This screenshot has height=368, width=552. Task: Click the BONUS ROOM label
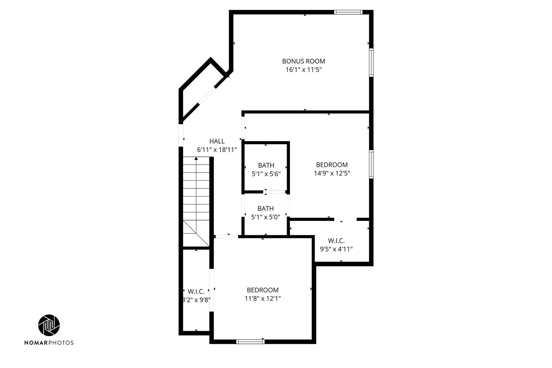(x=303, y=61)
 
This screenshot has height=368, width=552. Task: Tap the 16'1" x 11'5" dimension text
(x=304, y=70)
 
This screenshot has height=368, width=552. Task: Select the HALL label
(x=217, y=141)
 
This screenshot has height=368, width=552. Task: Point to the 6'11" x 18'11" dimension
(x=217, y=150)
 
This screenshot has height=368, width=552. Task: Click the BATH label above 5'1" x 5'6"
(x=266, y=165)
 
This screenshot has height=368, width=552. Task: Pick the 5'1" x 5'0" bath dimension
(x=266, y=217)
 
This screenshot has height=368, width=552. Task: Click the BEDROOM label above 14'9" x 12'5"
(x=332, y=165)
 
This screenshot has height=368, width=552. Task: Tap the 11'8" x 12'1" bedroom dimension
(x=263, y=298)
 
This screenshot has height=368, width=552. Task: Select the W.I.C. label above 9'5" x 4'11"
(x=336, y=240)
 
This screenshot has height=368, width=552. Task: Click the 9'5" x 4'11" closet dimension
(x=336, y=249)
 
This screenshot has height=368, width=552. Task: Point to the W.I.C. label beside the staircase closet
(x=196, y=291)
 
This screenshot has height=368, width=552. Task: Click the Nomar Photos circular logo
(x=49, y=325)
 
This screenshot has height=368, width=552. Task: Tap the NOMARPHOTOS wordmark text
(x=49, y=343)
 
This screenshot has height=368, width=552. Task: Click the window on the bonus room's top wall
(x=348, y=12)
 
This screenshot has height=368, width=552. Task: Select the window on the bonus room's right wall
(x=371, y=63)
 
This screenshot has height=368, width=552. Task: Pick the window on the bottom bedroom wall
(x=250, y=342)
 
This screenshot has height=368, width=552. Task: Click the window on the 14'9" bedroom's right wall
(x=371, y=164)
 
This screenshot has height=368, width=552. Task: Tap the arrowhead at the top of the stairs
(x=196, y=159)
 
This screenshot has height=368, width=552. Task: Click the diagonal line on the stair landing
(x=196, y=233)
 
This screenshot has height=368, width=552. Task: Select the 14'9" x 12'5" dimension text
(x=332, y=173)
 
